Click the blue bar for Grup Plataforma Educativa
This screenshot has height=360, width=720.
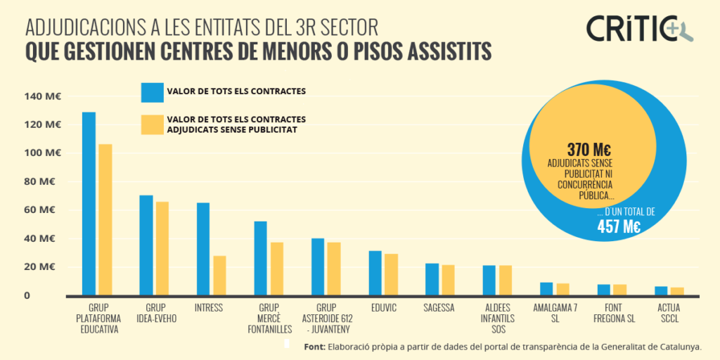tap(89, 203)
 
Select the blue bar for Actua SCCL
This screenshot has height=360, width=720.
tap(661, 290)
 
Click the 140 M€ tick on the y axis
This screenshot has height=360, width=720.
tap(42, 96)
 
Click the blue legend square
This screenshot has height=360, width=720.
tap(152, 92)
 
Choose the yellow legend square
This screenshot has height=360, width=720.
tap(152, 124)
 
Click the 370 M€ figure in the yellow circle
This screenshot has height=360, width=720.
tap(589, 150)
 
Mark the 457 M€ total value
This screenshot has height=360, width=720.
tap(619, 226)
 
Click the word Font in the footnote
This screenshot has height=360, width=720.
tap(314, 347)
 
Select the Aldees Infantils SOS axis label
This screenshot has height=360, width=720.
tap(500, 319)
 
